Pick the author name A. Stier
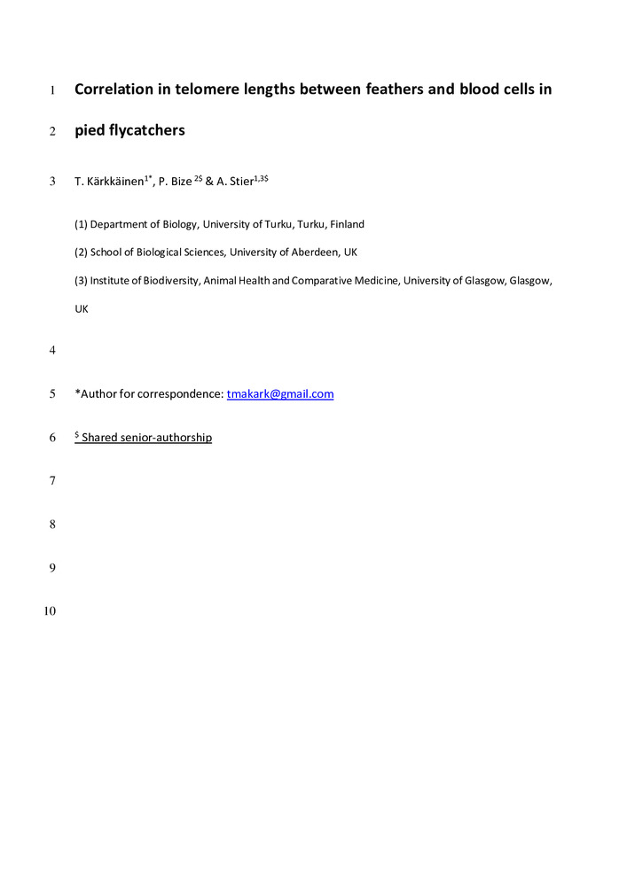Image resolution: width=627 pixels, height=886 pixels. [236, 182]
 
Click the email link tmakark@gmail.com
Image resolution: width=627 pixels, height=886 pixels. [280, 394]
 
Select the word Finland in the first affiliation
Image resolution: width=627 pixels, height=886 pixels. [347, 225]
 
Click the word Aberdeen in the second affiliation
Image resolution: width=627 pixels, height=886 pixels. [309, 253]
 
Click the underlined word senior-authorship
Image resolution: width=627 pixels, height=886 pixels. [168, 438]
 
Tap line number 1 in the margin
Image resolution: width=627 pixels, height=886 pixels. [53, 89]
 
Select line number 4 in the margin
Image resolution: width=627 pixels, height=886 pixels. [53, 351]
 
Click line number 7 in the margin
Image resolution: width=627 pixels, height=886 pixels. [53, 481]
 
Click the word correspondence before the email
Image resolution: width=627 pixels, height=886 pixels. [185, 394]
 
